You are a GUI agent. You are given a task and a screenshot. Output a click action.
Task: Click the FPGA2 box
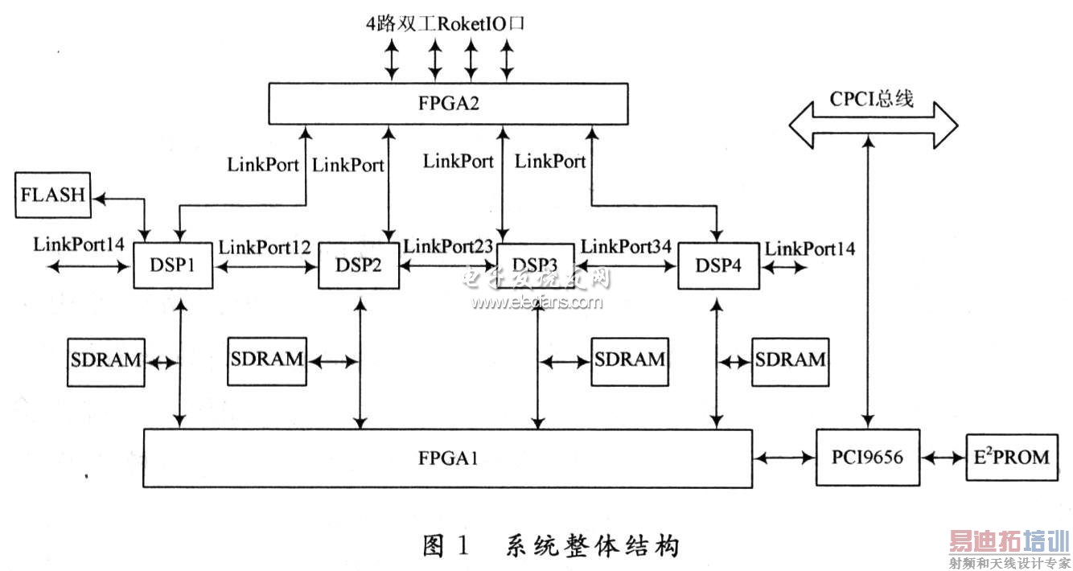point(447,105)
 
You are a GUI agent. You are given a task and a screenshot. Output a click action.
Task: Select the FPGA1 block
point(447,458)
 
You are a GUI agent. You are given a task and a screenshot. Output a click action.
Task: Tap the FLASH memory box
point(54,195)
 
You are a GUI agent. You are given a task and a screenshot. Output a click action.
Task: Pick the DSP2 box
point(360,265)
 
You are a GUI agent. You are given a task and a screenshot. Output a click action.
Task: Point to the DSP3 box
point(536,265)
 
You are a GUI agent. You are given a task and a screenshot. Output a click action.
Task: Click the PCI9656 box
point(868,458)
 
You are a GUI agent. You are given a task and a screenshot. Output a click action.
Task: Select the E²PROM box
point(1011,458)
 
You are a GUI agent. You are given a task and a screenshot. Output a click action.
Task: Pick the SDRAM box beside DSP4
point(789,359)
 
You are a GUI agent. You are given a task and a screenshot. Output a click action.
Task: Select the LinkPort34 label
point(626,247)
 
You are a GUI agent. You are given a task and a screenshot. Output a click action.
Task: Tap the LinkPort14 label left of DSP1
point(78,244)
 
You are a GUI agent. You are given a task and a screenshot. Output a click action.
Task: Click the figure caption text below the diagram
point(552,546)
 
